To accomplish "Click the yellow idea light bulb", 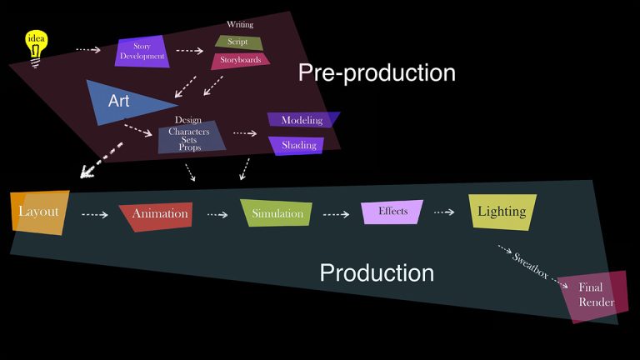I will tap(37, 43).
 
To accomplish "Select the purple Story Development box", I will tap(142, 52).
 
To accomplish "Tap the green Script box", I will tap(238, 42).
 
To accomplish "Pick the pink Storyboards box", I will tap(240, 60).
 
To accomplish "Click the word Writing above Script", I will tap(240, 25).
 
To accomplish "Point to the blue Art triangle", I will tap(123, 102).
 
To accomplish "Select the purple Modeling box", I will tap(302, 120).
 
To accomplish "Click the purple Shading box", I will tap(297, 146).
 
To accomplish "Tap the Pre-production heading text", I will tap(377, 73).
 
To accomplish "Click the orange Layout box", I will tap(39, 212).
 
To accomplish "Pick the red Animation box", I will tap(157, 215).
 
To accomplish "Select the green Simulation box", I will tap(277, 214).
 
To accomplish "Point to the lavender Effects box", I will tap(392, 212).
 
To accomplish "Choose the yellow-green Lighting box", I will tap(501, 212).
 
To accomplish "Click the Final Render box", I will tap(595, 295).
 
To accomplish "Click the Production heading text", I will tap(377, 273).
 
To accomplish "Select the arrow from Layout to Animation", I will tap(95, 215).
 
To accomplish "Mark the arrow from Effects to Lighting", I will tap(444, 212).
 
